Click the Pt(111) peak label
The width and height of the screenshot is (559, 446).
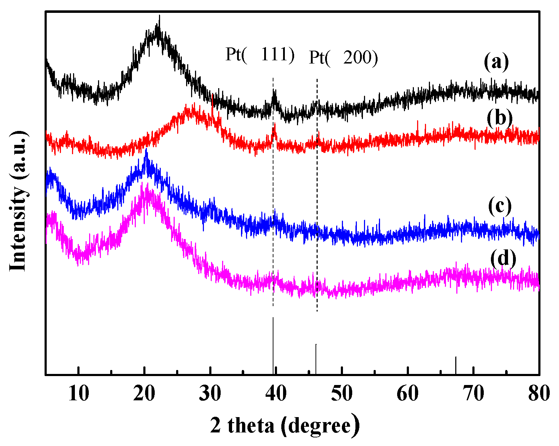pyautogui.click(x=260, y=55)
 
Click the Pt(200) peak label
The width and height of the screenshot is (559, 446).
pyautogui.click(x=343, y=57)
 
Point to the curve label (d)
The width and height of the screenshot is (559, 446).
pyautogui.click(x=503, y=258)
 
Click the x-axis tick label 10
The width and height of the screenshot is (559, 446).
pyautogui.click(x=78, y=394)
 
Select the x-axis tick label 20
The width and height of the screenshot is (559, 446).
pyautogui.click(x=144, y=394)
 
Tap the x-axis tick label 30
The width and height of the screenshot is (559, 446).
pyautogui.click(x=210, y=394)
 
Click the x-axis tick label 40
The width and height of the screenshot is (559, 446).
pyautogui.click(x=276, y=394)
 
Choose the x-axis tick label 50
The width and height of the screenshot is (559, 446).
pyautogui.click(x=342, y=394)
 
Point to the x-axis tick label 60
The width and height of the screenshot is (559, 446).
pyautogui.click(x=407, y=394)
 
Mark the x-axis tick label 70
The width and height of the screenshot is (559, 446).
pyautogui.click(x=473, y=394)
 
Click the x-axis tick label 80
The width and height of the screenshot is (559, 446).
pyautogui.click(x=539, y=394)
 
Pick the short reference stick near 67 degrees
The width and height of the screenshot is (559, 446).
pyautogui.click(x=456, y=365)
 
